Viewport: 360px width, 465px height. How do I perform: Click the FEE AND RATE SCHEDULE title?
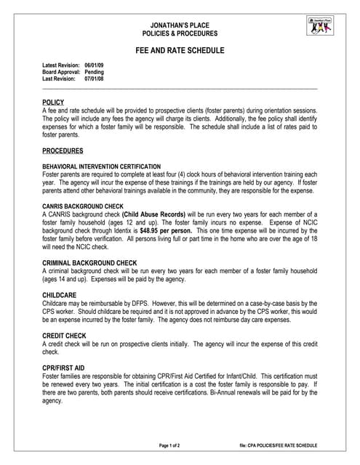[x=180, y=51]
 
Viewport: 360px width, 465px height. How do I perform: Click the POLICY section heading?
[x=53, y=102]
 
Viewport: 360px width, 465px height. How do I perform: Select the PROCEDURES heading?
[x=63, y=150]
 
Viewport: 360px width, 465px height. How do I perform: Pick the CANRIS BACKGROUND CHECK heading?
[x=83, y=207]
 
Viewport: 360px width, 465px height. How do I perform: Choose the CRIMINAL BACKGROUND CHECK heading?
[x=90, y=262]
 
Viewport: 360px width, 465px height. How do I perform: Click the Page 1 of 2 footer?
[x=169, y=445]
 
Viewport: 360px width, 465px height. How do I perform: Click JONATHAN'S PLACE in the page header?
[x=180, y=25]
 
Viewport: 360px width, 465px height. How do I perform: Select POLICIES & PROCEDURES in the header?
[x=180, y=34]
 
